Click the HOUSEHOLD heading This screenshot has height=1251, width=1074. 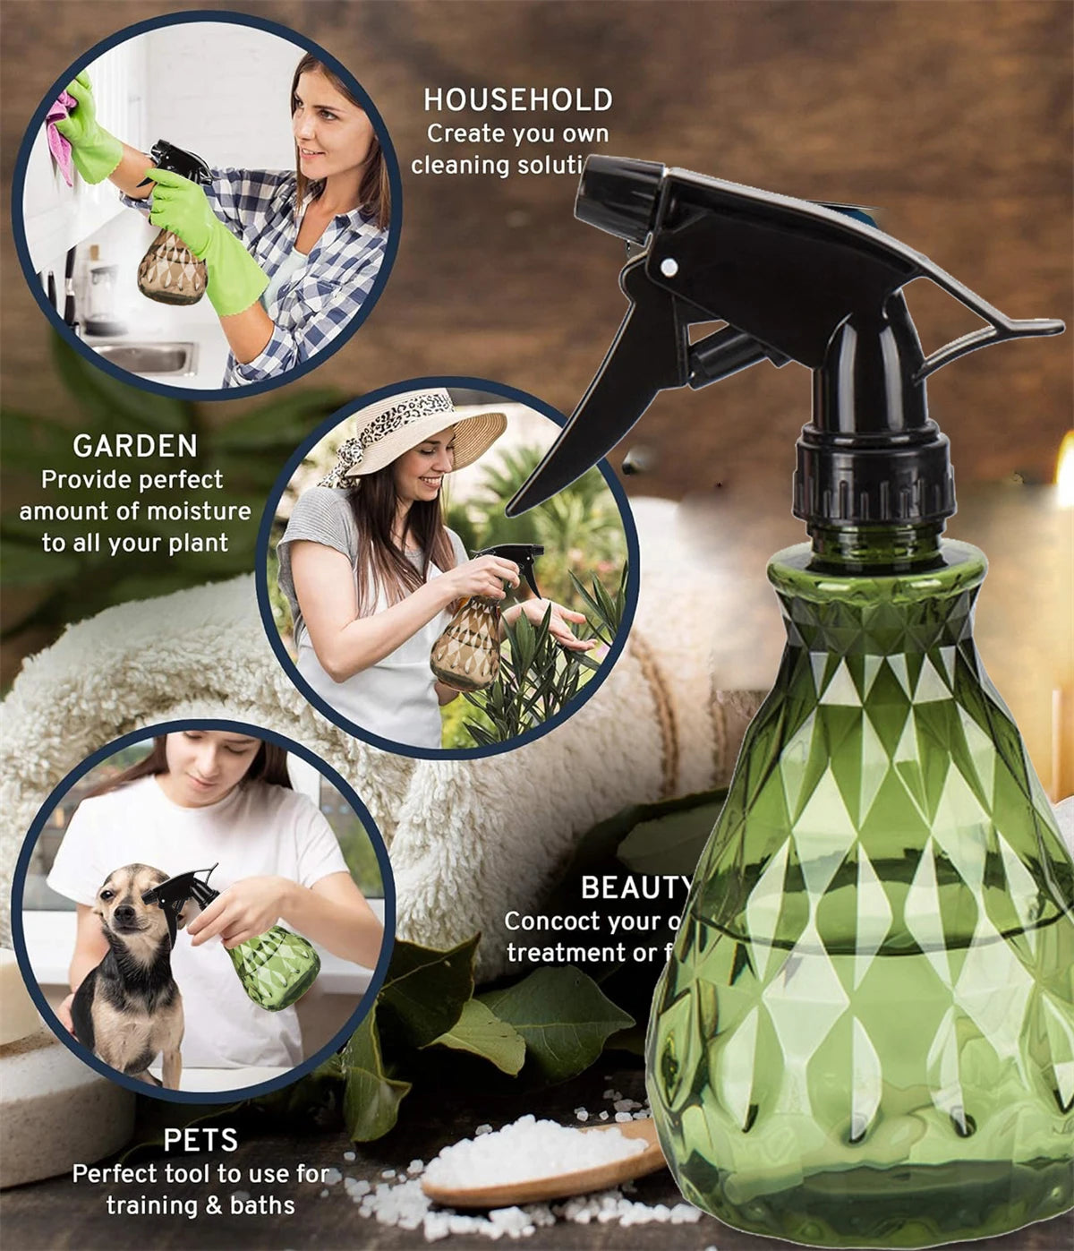[x=518, y=99]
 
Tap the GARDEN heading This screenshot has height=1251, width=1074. [x=135, y=446]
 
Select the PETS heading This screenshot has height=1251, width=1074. [x=200, y=1140]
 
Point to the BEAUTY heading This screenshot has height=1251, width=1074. [x=635, y=887]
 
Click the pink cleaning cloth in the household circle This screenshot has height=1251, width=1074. [x=61, y=134]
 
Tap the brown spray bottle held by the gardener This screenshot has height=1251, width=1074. [x=465, y=640]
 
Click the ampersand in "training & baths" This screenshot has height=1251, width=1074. [x=213, y=1205]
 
